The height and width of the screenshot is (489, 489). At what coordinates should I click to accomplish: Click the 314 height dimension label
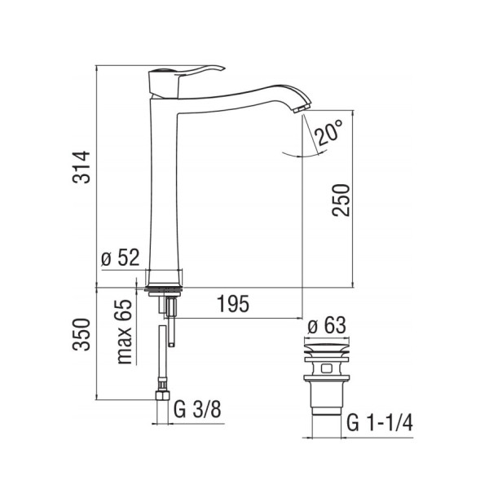[81, 167]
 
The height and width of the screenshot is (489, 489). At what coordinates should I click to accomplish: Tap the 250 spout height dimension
[341, 200]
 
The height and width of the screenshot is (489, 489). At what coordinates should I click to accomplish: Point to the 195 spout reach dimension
[233, 303]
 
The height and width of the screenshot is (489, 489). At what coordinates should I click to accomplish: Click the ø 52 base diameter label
[121, 258]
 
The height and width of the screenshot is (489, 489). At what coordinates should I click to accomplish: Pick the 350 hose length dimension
[81, 335]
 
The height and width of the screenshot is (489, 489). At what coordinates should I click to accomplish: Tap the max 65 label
[124, 332]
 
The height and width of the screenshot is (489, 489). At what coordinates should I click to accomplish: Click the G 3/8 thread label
[197, 409]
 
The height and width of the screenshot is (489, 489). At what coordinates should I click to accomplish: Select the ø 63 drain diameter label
[327, 325]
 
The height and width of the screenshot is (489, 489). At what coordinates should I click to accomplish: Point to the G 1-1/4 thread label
[380, 422]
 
